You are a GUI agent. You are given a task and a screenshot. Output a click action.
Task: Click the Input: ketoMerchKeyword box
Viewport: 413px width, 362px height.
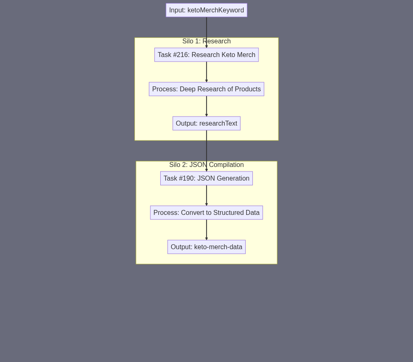pyautogui.click(x=206, y=10)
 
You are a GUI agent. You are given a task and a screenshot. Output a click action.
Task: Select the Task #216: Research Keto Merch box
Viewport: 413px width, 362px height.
pyautogui.click(x=206, y=55)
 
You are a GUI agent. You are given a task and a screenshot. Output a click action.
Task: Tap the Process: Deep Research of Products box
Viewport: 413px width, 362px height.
pyautogui.click(x=206, y=89)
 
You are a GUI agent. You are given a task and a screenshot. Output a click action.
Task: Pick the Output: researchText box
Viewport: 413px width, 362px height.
pyautogui.click(x=206, y=123)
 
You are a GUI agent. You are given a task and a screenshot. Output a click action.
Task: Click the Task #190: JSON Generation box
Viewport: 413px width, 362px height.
pyautogui.click(x=206, y=179)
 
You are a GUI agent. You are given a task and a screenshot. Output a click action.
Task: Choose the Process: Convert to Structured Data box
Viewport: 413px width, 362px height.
pyautogui.click(x=206, y=213)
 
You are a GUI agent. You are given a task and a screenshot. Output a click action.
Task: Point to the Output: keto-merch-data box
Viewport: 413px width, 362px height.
pyautogui.click(x=206, y=247)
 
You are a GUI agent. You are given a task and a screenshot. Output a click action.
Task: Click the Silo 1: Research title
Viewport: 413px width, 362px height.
pyautogui.click(x=206, y=41)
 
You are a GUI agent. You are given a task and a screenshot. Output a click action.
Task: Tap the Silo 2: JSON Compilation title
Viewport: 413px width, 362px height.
pyautogui.click(x=206, y=165)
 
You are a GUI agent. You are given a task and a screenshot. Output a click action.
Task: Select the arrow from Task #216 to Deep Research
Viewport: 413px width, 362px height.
pyautogui.click(x=206, y=72)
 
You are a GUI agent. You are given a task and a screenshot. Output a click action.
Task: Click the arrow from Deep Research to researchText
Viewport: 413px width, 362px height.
pyautogui.click(x=206, y=106)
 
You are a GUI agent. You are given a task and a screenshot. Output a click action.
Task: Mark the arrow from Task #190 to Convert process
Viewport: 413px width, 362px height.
pyautogui.click(x=206, y=195)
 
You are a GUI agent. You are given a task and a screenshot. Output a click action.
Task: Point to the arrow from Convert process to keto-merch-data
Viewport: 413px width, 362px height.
pyautogui.click(x=206, y=230)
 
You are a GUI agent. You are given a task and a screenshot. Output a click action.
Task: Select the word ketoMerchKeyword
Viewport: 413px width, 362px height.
pyautogui.click(x=216, y=10)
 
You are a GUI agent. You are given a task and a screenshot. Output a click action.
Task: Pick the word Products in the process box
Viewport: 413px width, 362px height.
pyautogui.click(x=248, y=89)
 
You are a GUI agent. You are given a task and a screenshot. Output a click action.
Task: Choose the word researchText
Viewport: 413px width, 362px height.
pyautogui.click(x=218, y=123)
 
